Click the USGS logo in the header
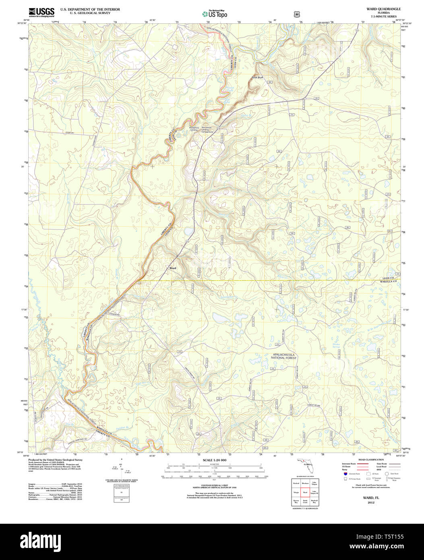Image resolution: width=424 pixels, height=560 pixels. click(x=41, y=12)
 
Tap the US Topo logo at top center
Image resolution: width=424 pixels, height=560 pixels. click(x=214, y=14)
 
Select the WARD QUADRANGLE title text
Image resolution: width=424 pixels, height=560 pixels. click(x=383, y=9)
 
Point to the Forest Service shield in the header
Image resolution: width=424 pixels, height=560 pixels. click(x=297, y=14)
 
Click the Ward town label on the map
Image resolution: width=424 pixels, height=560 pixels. click(x=173, y=268)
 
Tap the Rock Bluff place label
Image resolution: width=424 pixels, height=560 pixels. click(x=257, y=77)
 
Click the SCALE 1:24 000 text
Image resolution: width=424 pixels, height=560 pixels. click(x=215, y=460)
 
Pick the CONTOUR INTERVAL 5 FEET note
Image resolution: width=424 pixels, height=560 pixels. click(x=214, y=486)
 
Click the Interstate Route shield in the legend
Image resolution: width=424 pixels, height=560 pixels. click(x=345, y=474)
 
